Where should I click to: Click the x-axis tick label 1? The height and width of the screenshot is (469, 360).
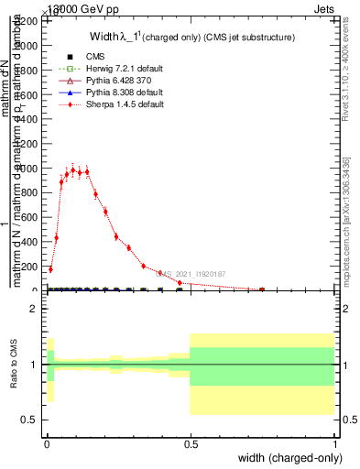click(x=335, y=444)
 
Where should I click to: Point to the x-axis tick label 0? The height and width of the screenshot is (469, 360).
click(x=47, y=444)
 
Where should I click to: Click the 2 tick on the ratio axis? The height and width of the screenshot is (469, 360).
click(x=33, y=309)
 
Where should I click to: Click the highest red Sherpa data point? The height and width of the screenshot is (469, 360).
click(x=72, y=169)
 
